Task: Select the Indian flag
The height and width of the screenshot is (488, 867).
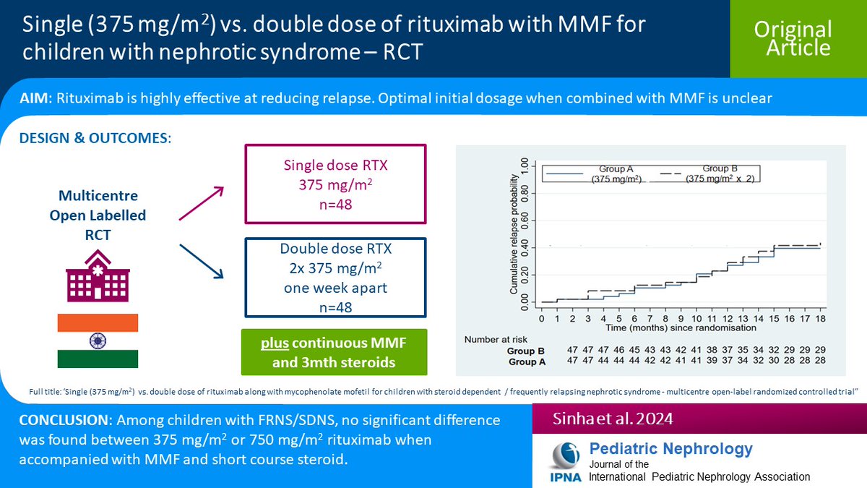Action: click(98, 341)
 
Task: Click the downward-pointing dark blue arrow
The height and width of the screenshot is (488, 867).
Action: click(202, 262)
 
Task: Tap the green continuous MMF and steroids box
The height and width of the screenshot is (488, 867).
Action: click(334, 351)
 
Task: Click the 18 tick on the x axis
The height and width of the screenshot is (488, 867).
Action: click(819, 318)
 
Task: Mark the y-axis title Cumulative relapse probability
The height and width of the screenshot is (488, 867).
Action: click(514, 235)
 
